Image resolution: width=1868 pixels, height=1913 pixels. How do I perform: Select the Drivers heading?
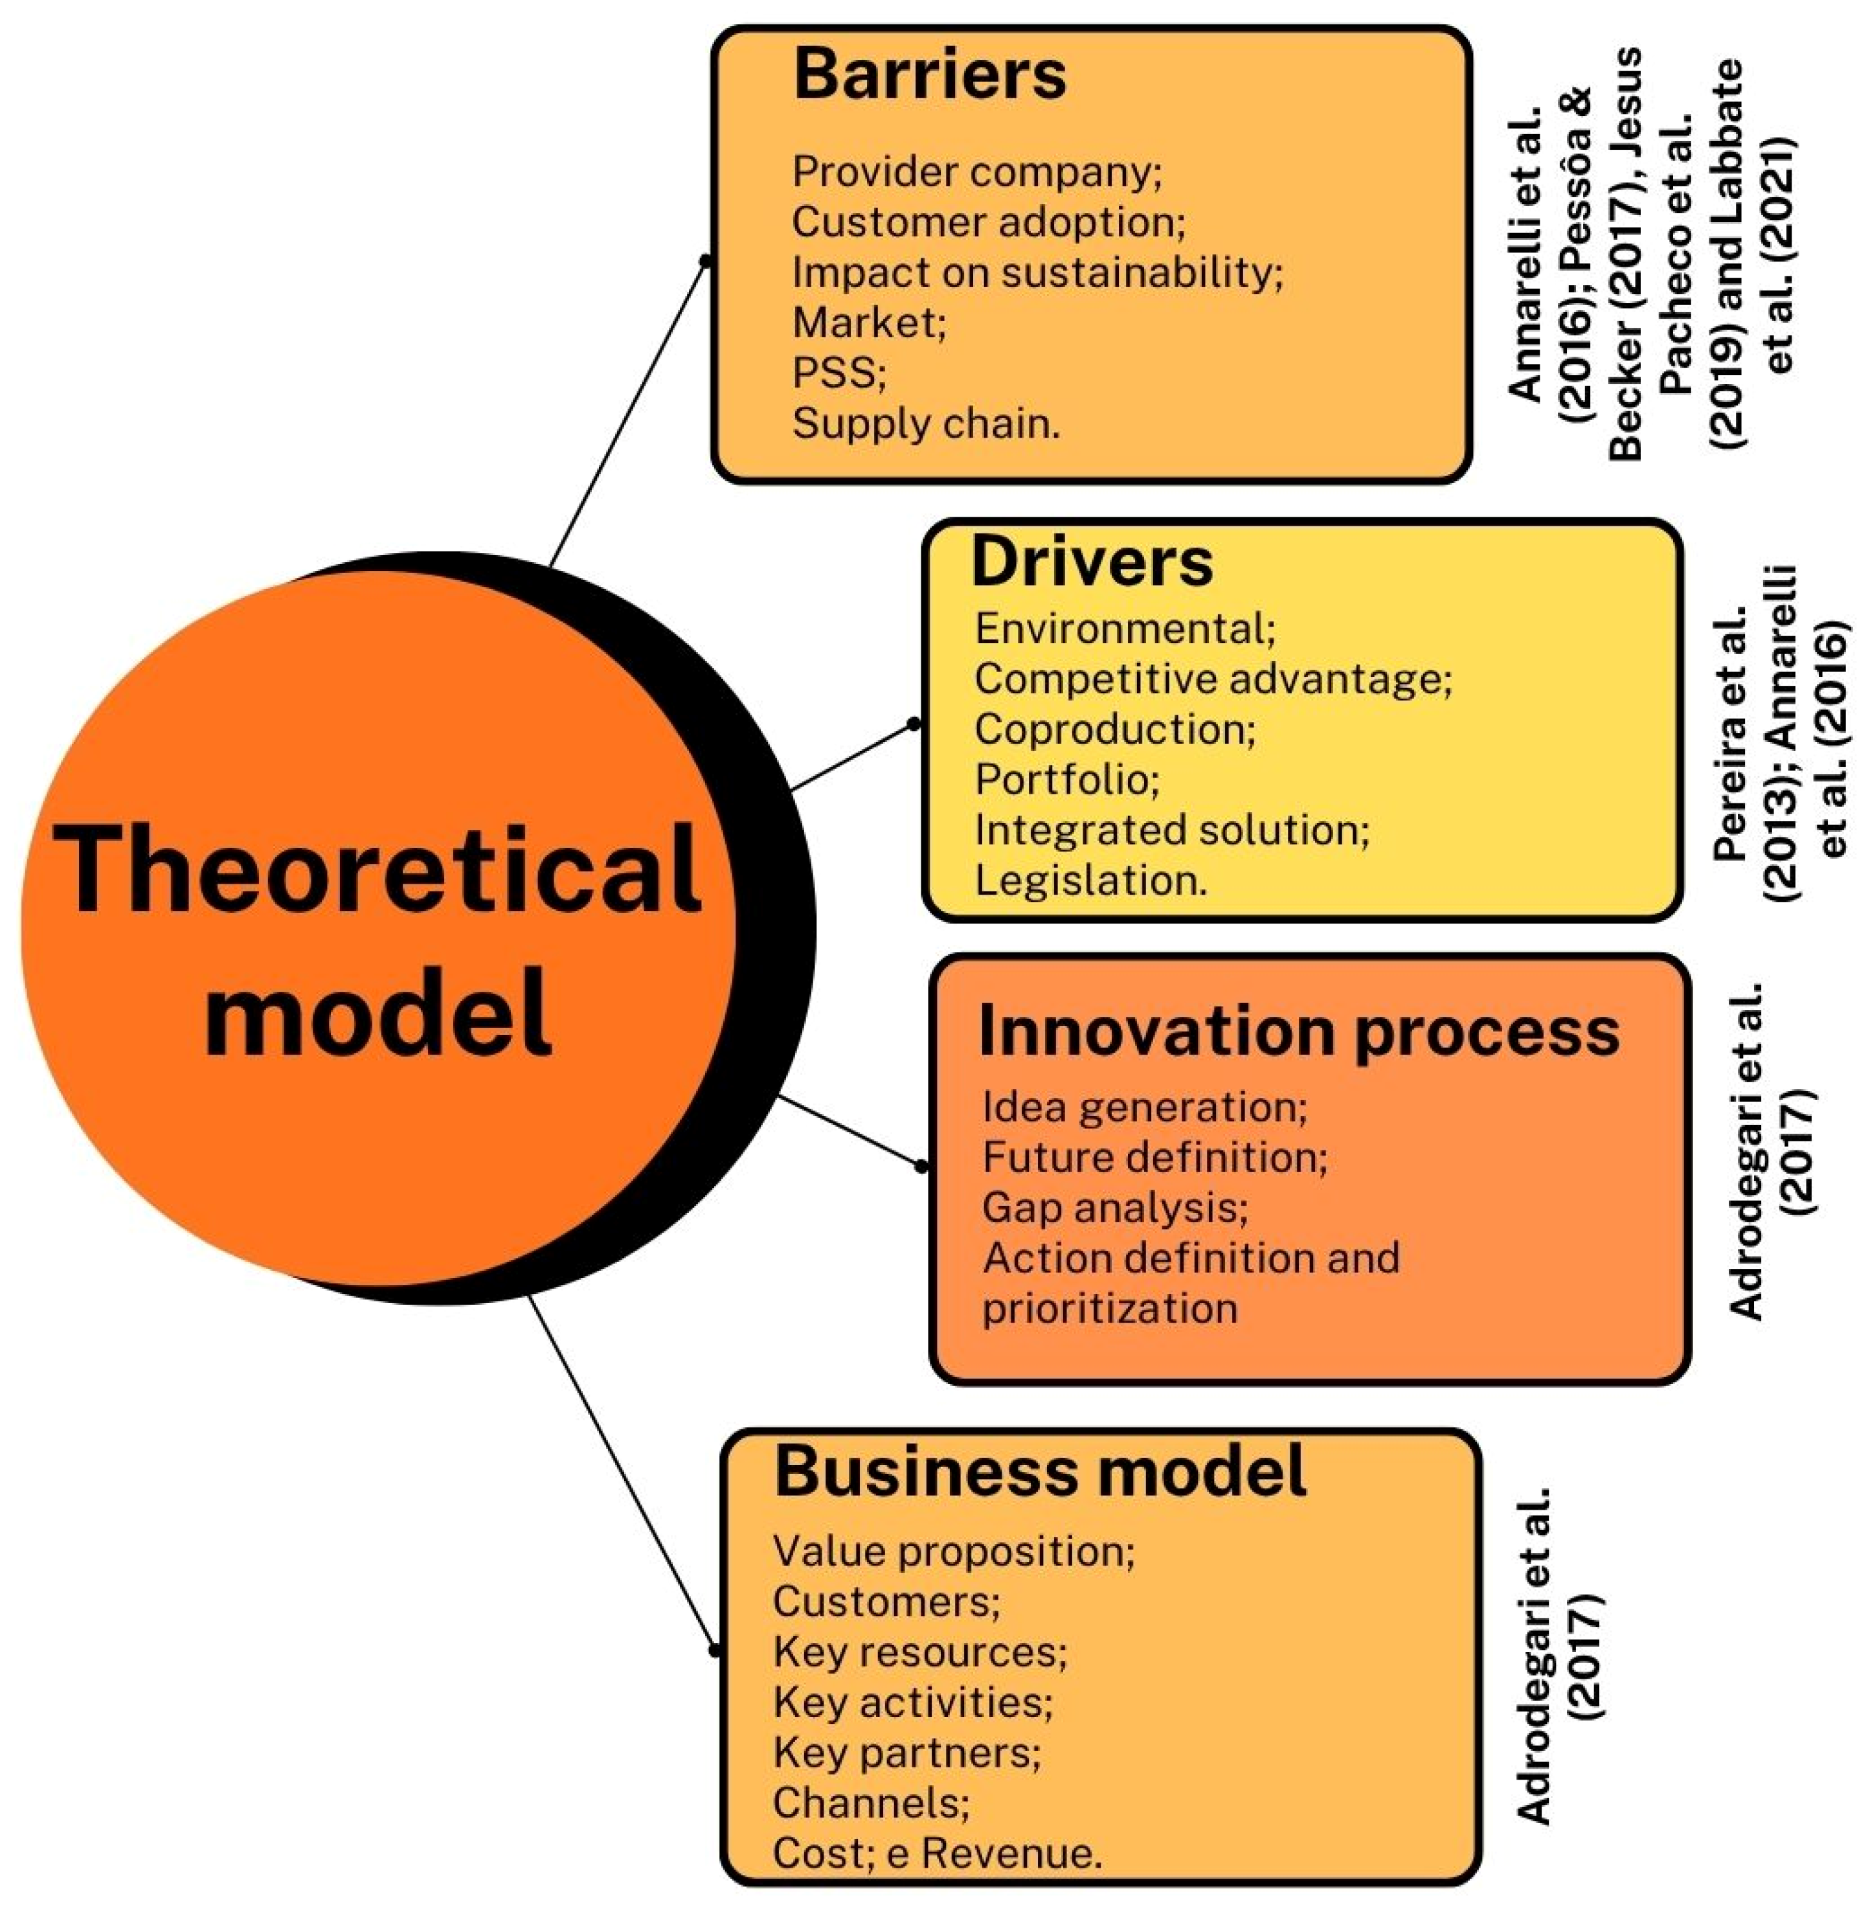[1091, 563]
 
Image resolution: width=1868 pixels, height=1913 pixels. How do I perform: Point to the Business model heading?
[1039, 1471]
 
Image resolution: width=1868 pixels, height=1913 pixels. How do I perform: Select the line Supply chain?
[926, 424]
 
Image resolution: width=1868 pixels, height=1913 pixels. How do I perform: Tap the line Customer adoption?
[988, 221]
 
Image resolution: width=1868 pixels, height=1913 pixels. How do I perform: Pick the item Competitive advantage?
[1213, 679]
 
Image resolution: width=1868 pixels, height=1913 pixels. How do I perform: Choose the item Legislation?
[1090, 880]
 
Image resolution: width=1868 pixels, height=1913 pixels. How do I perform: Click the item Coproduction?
[1114, 729]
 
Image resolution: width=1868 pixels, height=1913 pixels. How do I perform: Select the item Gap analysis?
[1114, 1207]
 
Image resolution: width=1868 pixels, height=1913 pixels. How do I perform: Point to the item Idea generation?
[1144, 1106]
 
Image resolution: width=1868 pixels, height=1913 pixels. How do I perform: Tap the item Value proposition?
[952, 1551]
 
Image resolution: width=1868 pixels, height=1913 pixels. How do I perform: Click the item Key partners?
[906, 1752]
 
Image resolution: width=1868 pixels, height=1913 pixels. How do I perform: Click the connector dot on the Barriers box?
[704, 260]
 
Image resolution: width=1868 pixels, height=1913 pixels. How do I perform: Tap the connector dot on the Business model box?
[714, 1651]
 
